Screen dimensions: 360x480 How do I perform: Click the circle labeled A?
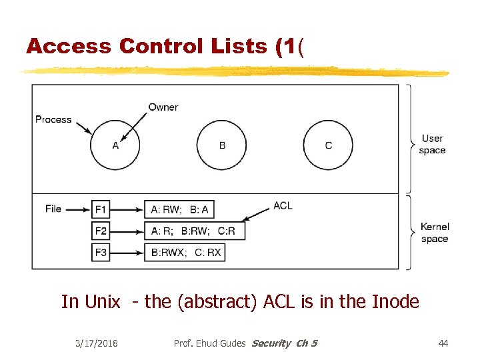[x=115, y=145]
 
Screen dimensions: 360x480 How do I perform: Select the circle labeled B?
[x=221, y=145]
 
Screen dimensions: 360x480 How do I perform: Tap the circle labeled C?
[x=328, y=145]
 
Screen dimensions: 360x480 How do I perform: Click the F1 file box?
[x=101, y=209]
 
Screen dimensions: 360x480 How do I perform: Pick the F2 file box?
[x=101, y=231]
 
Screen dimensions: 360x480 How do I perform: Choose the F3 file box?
[x=101, y=253]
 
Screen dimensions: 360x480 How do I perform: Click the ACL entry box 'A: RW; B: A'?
[x=179, y=209]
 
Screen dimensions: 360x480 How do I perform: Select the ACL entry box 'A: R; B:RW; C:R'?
[x=195, y=231]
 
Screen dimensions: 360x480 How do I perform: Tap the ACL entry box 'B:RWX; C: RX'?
[x=186, y=253]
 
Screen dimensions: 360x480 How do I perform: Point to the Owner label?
[x=163, y=107]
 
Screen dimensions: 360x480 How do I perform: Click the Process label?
[x=53, y=119]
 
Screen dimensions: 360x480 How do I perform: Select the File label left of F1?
[x=53, y=209]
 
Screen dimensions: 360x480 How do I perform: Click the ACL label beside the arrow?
[x=283, y=205]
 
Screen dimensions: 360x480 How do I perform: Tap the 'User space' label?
[x=432, y=144]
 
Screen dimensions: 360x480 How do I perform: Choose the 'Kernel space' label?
[x=435, y=233]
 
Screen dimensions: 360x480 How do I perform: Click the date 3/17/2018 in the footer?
[x=97, y=343]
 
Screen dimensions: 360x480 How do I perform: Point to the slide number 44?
[x=443, y=343]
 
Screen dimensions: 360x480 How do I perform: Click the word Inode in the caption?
[x=394, y=302]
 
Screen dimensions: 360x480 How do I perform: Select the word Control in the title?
[x=157, y=47]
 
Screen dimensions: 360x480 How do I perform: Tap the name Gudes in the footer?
[x=231, y=343]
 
